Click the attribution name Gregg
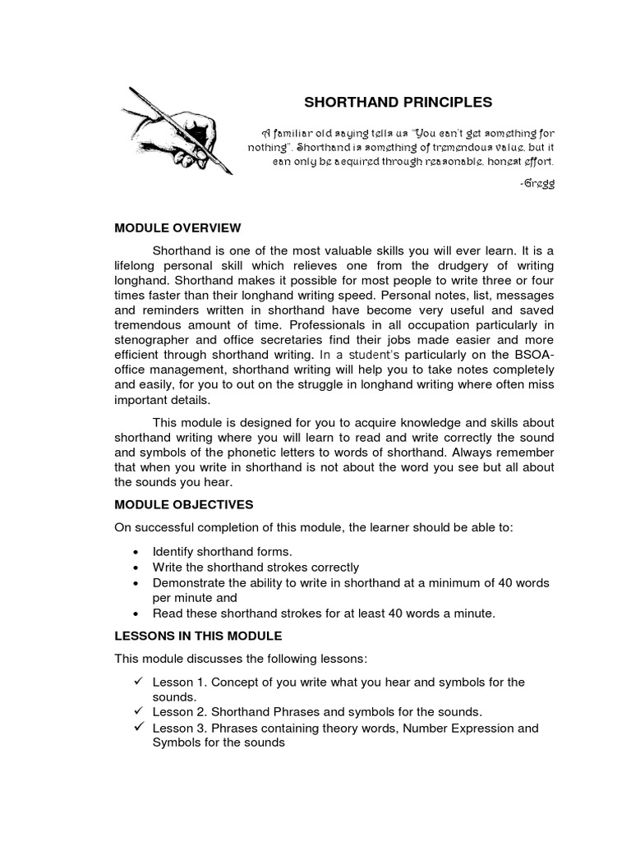tap(539, 183)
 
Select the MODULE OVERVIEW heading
tap(177, 227)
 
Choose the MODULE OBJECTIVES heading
tap(184, 503)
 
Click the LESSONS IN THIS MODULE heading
tap(198, 636)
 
